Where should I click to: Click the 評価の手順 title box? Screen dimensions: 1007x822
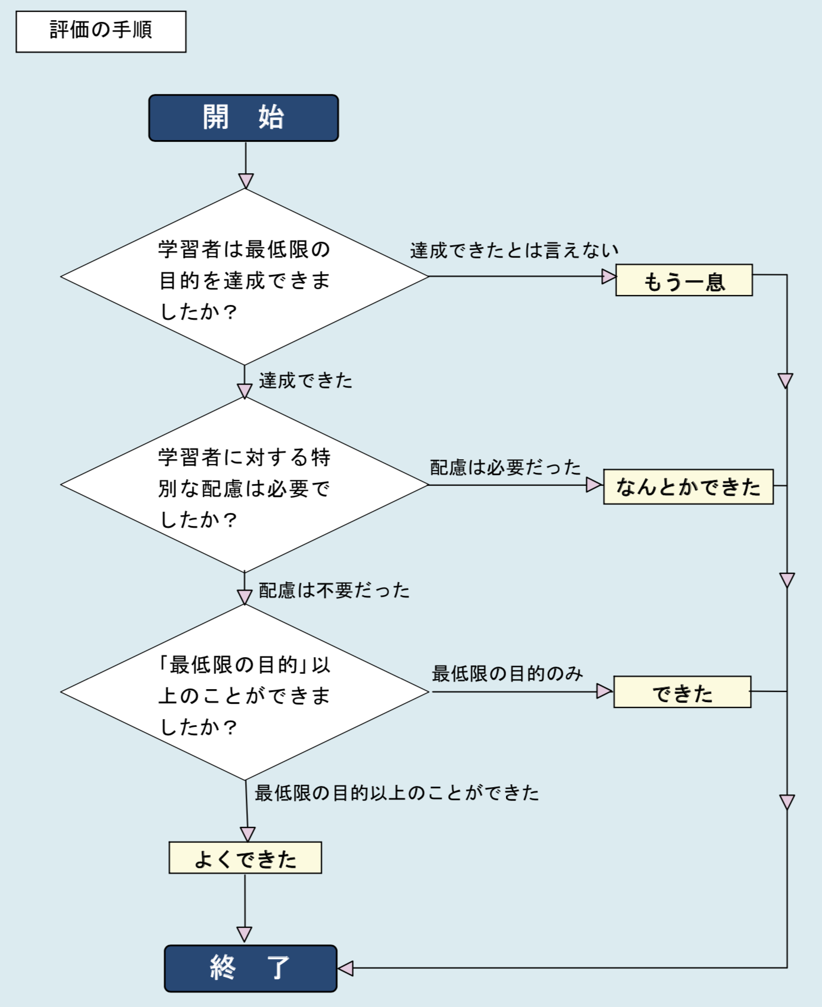point(101,31)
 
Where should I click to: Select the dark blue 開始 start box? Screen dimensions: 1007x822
point(243,118)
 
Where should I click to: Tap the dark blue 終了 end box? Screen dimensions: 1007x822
point(250,968)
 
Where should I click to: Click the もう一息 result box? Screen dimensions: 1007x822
point(684,280)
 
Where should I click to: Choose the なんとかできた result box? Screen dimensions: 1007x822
point(688,486)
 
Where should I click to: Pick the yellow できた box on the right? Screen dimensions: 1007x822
point(682,692)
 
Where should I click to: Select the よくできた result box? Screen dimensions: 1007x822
point(245,857)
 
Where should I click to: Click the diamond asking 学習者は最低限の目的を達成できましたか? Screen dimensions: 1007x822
point(244,277)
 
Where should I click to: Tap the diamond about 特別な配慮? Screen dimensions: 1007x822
point(244,485)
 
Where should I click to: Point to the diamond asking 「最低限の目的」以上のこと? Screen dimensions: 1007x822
point(244,693)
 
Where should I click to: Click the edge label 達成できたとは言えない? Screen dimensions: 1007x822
point(514,251)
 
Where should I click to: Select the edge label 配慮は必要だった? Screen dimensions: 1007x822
point(505,467)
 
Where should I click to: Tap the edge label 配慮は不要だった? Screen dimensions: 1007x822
point(334,590)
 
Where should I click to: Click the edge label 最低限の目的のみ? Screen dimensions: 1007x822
point(507,673)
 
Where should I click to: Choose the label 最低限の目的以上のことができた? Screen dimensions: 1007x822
point(397,792)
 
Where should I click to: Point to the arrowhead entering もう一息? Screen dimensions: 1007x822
point(609,276)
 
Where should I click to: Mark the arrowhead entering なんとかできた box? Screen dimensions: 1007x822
point(595,485)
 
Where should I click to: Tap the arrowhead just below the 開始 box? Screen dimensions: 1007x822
point(246,181)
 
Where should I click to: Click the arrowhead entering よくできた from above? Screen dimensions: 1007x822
point(248,834)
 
